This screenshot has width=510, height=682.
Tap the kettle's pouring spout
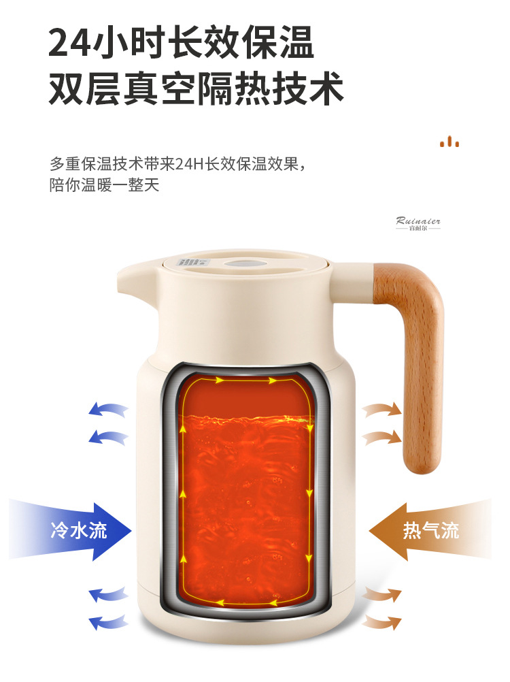(133, 279)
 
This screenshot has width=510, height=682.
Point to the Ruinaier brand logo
(418, 223)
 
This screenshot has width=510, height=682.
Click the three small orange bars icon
(449, 142)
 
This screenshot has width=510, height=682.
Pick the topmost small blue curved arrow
(108, 410)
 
